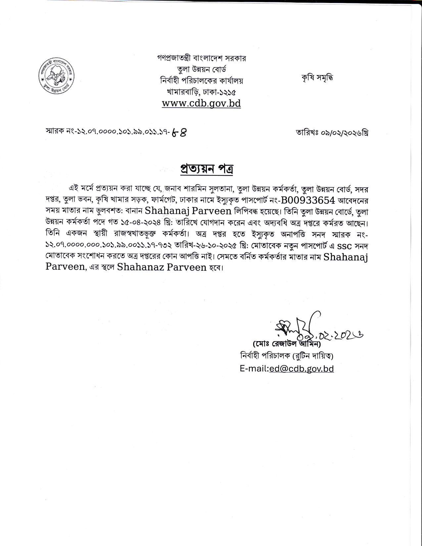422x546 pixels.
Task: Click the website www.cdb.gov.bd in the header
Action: click(201, 103)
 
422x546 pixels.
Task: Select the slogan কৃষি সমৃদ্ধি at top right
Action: click(317, 78)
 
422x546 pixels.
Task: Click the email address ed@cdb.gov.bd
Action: click(302, 369)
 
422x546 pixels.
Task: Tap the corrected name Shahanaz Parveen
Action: click(162, 267)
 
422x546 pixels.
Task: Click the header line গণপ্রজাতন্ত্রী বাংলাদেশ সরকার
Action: click(202, 58)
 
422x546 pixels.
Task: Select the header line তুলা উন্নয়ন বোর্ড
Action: click(202, 69)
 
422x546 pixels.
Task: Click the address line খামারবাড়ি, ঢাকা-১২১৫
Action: click(202, 92)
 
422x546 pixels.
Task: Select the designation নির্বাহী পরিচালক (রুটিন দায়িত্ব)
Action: click(287, 356)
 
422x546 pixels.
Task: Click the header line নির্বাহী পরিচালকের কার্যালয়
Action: click(202, 80)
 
